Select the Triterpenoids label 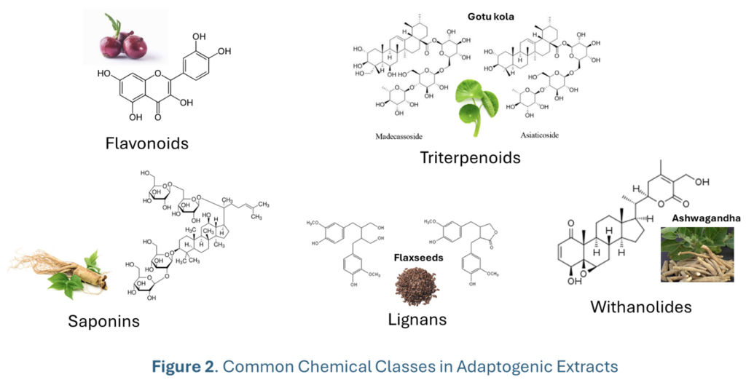(470, 157)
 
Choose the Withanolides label (641, 306)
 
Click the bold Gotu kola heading (492, 15)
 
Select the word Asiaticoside (540, 135)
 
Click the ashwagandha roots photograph (696, 254)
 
